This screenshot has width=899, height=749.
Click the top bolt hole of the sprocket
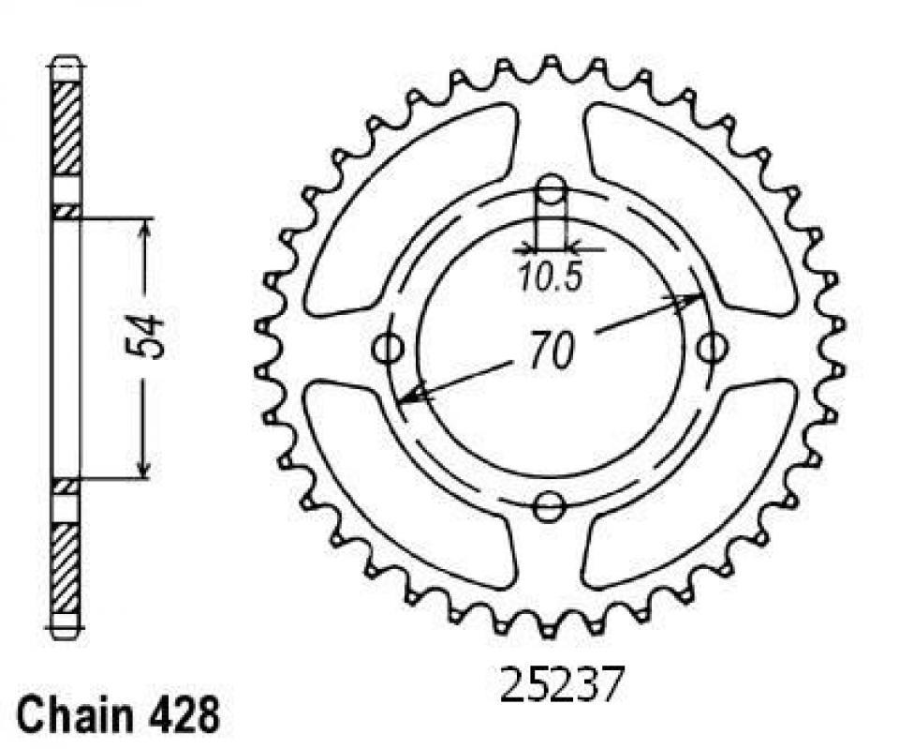pos(551,191)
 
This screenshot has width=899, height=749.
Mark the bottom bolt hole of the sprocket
pos(549,507)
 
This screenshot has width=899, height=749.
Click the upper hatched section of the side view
pos(66,127)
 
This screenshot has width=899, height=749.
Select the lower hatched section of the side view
pos(66,567)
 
